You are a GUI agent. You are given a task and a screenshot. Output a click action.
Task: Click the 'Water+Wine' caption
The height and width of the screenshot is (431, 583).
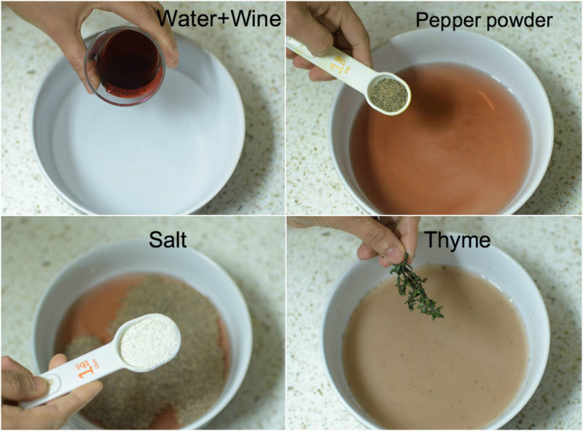(x=219, y=18)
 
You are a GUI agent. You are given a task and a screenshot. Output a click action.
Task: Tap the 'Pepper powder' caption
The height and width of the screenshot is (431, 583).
(x=483, y=20)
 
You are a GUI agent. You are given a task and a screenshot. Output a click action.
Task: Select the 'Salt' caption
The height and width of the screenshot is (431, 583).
(x=168, y=238)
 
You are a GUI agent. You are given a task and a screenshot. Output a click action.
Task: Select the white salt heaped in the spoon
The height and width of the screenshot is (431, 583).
(x=149, y=340)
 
